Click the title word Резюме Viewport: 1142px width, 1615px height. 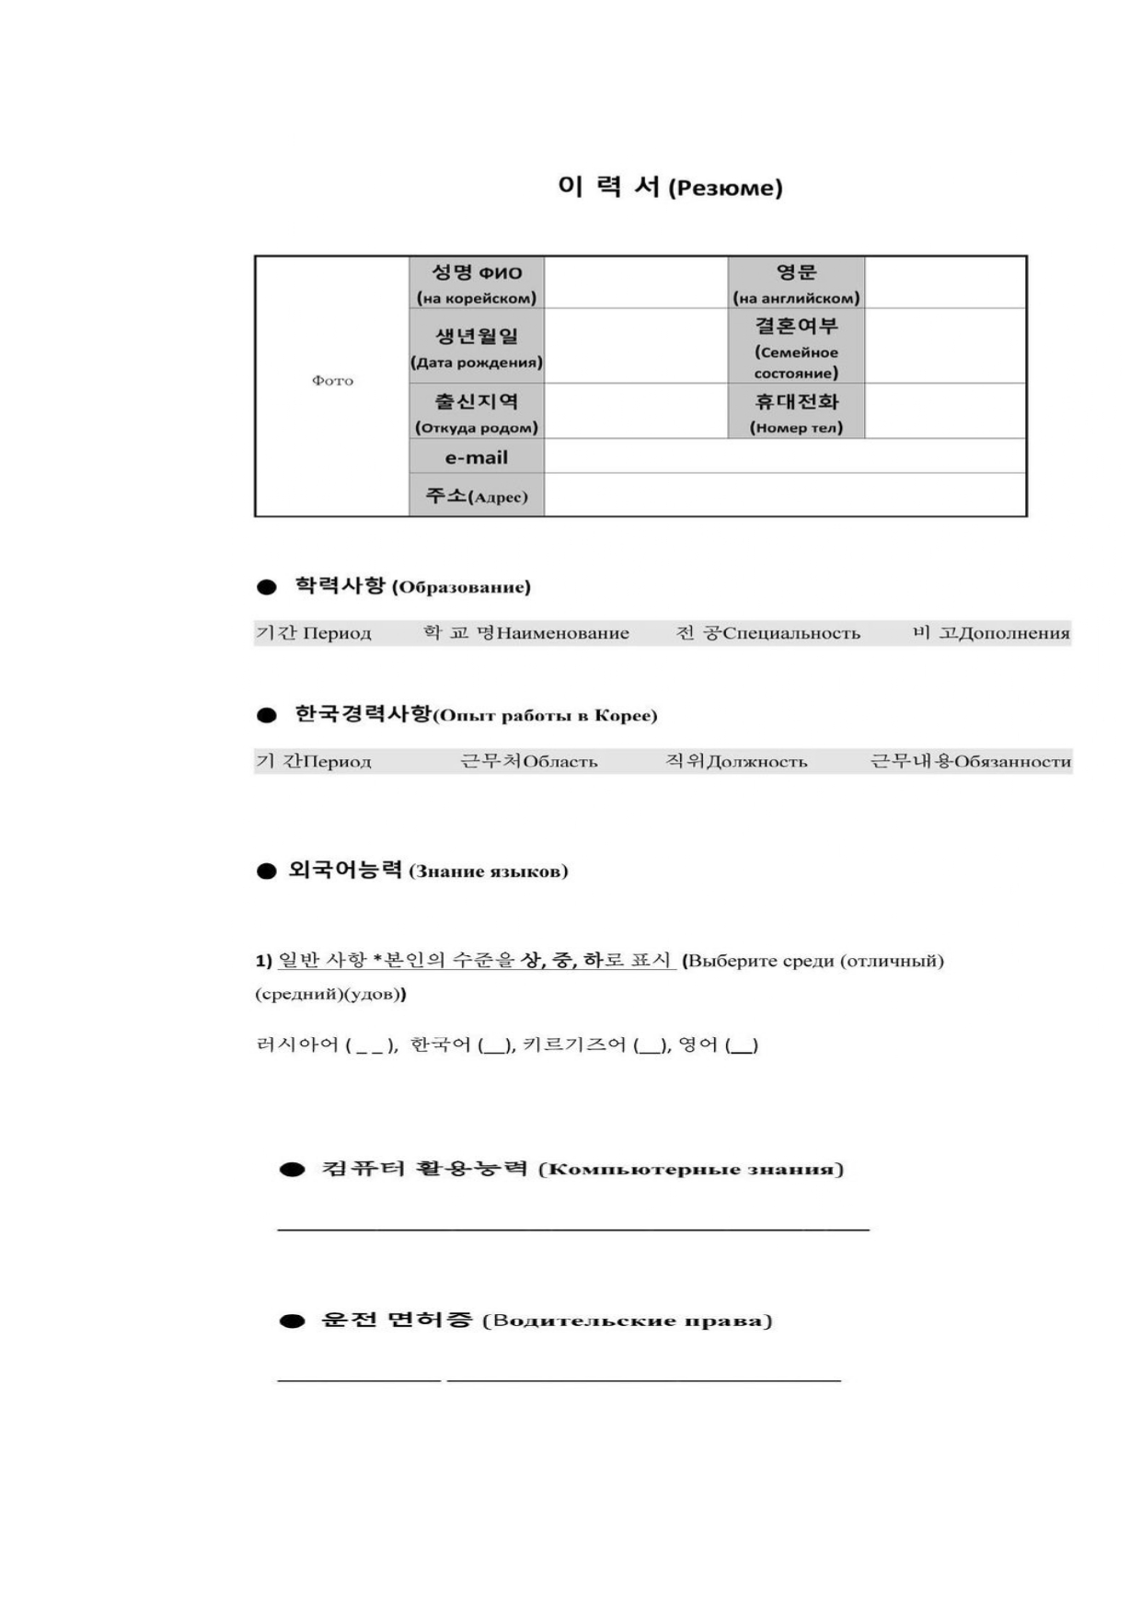tap(725, 189)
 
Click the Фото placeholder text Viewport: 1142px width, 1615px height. tap(332, 381)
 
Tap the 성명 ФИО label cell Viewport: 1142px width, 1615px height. tap(477, 283)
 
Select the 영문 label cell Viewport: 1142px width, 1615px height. tap(796, 283)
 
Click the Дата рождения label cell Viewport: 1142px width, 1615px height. tap(477, 347)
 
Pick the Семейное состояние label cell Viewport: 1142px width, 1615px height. tap(796, 347)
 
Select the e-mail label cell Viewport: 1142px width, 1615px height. tap(477, 457)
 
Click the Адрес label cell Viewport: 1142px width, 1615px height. tap(477, 496)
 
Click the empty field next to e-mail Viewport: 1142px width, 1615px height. tap(784, 456)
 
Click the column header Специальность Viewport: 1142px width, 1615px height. tap(791, 633)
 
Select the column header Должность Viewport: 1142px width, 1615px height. tap(757, 762)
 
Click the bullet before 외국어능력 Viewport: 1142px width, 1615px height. tap(267, 871)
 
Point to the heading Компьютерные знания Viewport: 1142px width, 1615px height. tap(690, 1170)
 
